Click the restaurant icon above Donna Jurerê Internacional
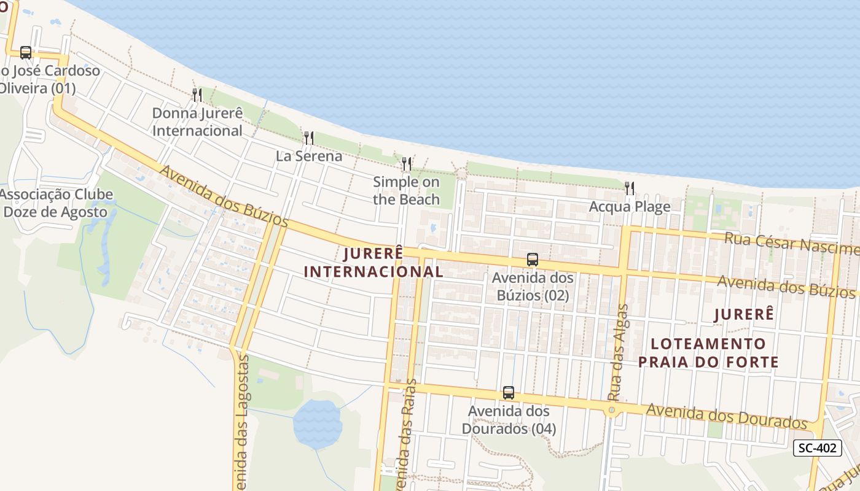pyautogui.click(x=197, y=95)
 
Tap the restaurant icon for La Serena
pyautogui.click(x=309, y=138)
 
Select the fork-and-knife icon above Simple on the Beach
pyautogui.click(x=407, y=164)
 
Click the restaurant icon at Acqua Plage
pyautogui.click(x=630, y=188)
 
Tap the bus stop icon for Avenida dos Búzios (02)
pyautogui.click(x=533, y=260)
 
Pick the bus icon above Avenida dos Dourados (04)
pyautogui.click(x=509, y=393)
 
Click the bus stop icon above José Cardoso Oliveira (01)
pyautogui.click(x=25, y=53)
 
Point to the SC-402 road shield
pyautogui.click(x=817, y=448)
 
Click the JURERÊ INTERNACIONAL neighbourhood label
pyautogui.click(x=373, y=262)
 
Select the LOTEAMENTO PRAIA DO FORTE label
pyautogui.click(x=708, y=352)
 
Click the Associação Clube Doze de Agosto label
pyautogui.click(x=59, y=203)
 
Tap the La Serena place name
pyautogui.click(x=309, y=156)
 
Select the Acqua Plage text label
pyautogui.click(x=630, y=207)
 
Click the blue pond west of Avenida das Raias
pyautogui.click(x=317, y=423)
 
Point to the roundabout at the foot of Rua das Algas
pyautogui.click(x=611, y=411)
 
